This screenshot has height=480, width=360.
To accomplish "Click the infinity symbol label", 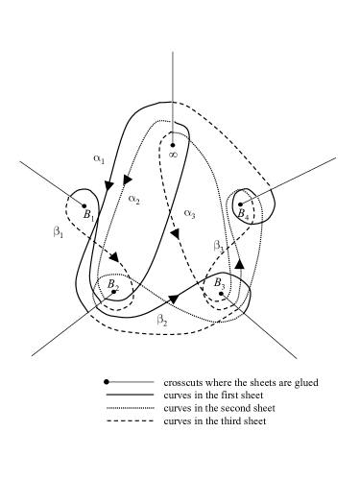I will pyautogui.click(x=173, y=153).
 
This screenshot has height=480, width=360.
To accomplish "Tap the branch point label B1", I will pyautogui.click(x=88, y=216).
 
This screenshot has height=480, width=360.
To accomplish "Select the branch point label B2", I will pyautogui.click(x=113, y=284).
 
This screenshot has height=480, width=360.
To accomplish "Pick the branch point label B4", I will pyautogui.click(x=245, y=216).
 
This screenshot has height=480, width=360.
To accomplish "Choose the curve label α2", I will pyautogui.click(x=133, y=200).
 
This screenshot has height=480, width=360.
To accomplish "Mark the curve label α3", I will pyautogui.click(x=190, y=212).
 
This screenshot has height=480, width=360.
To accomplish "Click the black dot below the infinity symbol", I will pyautogui.click(x=173, y=145).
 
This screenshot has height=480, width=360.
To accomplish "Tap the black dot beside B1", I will pyautogui.click(x=85, y=204).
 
